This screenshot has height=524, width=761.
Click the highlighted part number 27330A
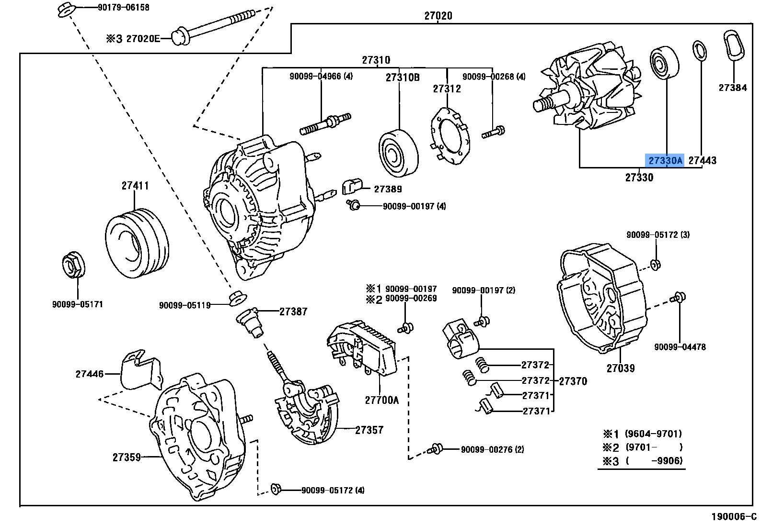click(x=665, y=161)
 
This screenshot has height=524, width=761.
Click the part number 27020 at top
click(x=438, y=16)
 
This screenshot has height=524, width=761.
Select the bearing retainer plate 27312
click(x=450, y=136)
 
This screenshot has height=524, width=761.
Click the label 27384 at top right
click(x=732, y=88)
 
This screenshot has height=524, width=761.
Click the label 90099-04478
click(x=680, y=347)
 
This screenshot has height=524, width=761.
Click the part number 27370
click(x=573, y=381)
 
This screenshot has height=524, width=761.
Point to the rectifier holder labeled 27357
click(x=307, y=414)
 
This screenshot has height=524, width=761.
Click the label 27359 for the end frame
click(x=127, y=457)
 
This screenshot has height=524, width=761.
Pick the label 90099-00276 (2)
click(x=492, y=450)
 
